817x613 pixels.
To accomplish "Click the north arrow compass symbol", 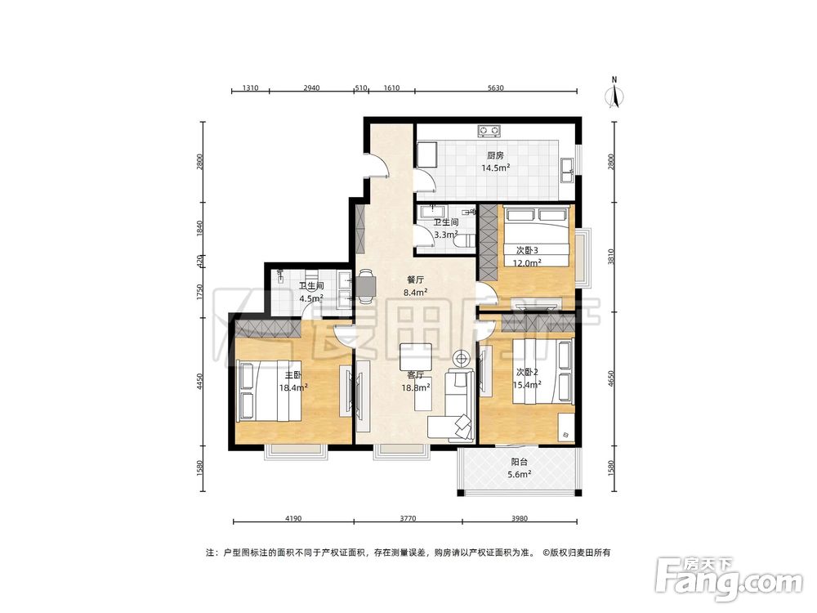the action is tap(615, 94).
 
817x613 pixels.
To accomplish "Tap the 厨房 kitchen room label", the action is tap(495, 155).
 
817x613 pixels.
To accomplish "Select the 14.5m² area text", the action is tap(495, 168).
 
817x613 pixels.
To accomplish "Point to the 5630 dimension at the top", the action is tap(496, 87).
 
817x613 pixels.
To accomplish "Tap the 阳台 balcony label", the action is tap(519, 462).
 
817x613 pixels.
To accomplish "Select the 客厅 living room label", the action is tap(415, 375).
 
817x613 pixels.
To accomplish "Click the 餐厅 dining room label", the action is tap(415, 280).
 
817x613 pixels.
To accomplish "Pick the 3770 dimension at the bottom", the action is tap(408, 518).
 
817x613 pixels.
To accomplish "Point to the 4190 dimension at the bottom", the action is tap(293, 518).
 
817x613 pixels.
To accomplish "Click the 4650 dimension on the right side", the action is tap(612, 378).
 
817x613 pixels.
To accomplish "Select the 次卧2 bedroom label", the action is tap(527, 372).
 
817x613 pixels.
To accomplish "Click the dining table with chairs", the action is tap(365, 285).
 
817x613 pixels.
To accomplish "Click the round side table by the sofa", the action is tap(461, 358).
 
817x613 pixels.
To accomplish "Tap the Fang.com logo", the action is tap(730, 579).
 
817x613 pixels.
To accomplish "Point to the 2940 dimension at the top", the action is tap(311, 87).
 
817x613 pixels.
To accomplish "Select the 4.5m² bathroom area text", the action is tap(311, 298).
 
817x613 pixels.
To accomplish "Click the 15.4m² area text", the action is tap(527, 385).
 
